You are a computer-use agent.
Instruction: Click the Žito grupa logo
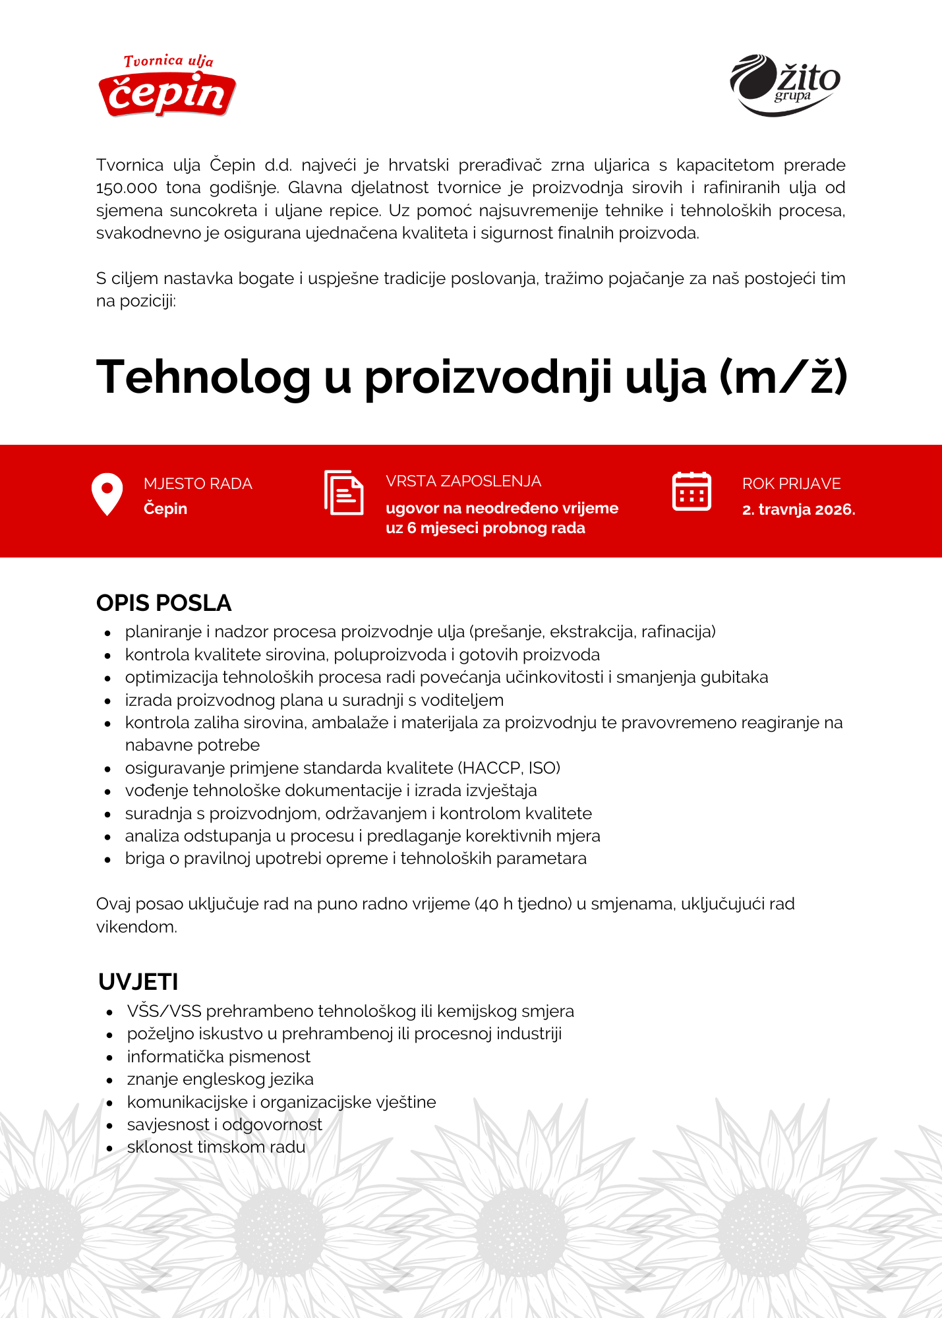784,84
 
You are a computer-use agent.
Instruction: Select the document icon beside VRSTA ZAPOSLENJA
343,492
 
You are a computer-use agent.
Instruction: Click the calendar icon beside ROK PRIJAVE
691,492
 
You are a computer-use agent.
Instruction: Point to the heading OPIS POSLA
163,603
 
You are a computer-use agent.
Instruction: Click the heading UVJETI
138,982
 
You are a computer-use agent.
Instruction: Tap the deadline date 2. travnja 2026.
798,509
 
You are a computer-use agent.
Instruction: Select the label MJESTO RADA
198,484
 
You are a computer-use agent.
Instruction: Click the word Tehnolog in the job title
203,378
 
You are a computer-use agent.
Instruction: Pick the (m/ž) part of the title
783,378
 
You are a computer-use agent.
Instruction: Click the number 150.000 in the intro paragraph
127,188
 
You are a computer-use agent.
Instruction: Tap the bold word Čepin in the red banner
165,509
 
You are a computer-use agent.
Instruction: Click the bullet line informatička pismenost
218,1056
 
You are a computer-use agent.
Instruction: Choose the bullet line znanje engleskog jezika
220,1079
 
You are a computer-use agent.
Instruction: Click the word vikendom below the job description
136,927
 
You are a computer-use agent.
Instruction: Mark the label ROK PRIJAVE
791,484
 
